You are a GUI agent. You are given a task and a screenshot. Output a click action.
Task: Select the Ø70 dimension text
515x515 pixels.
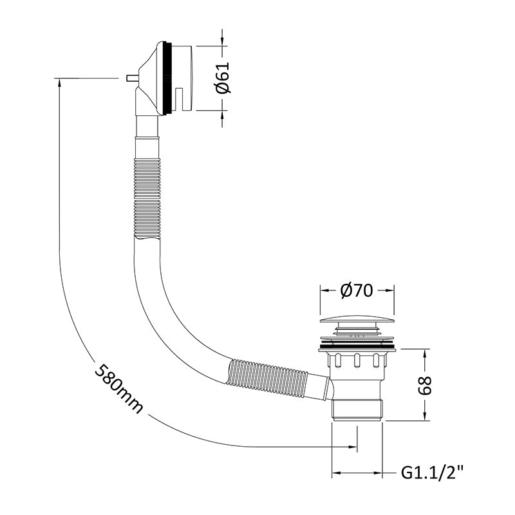pos(357,290)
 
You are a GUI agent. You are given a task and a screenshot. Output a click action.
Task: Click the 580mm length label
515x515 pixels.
pos(119,388)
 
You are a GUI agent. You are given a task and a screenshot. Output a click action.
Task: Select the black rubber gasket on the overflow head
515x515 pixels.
pos(167,78)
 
